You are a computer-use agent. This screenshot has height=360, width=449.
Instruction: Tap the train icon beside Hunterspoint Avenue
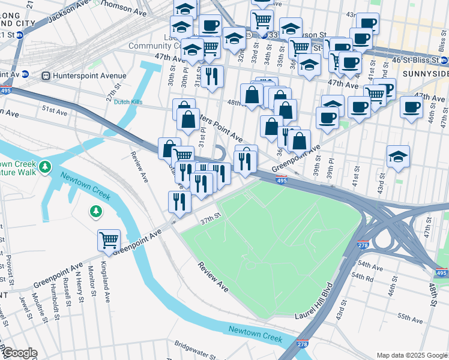[x=46, y=76]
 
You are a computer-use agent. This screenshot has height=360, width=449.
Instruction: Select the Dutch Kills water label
[x=128, y=103]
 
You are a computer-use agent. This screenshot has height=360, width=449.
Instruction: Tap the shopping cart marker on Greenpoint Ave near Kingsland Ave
[x=109, y=241]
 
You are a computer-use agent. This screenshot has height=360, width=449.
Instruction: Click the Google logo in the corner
[x=20, y=353]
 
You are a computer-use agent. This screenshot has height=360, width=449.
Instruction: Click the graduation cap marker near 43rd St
[x=398, y=157]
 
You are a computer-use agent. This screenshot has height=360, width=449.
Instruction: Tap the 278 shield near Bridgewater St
[x=303, y=344]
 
